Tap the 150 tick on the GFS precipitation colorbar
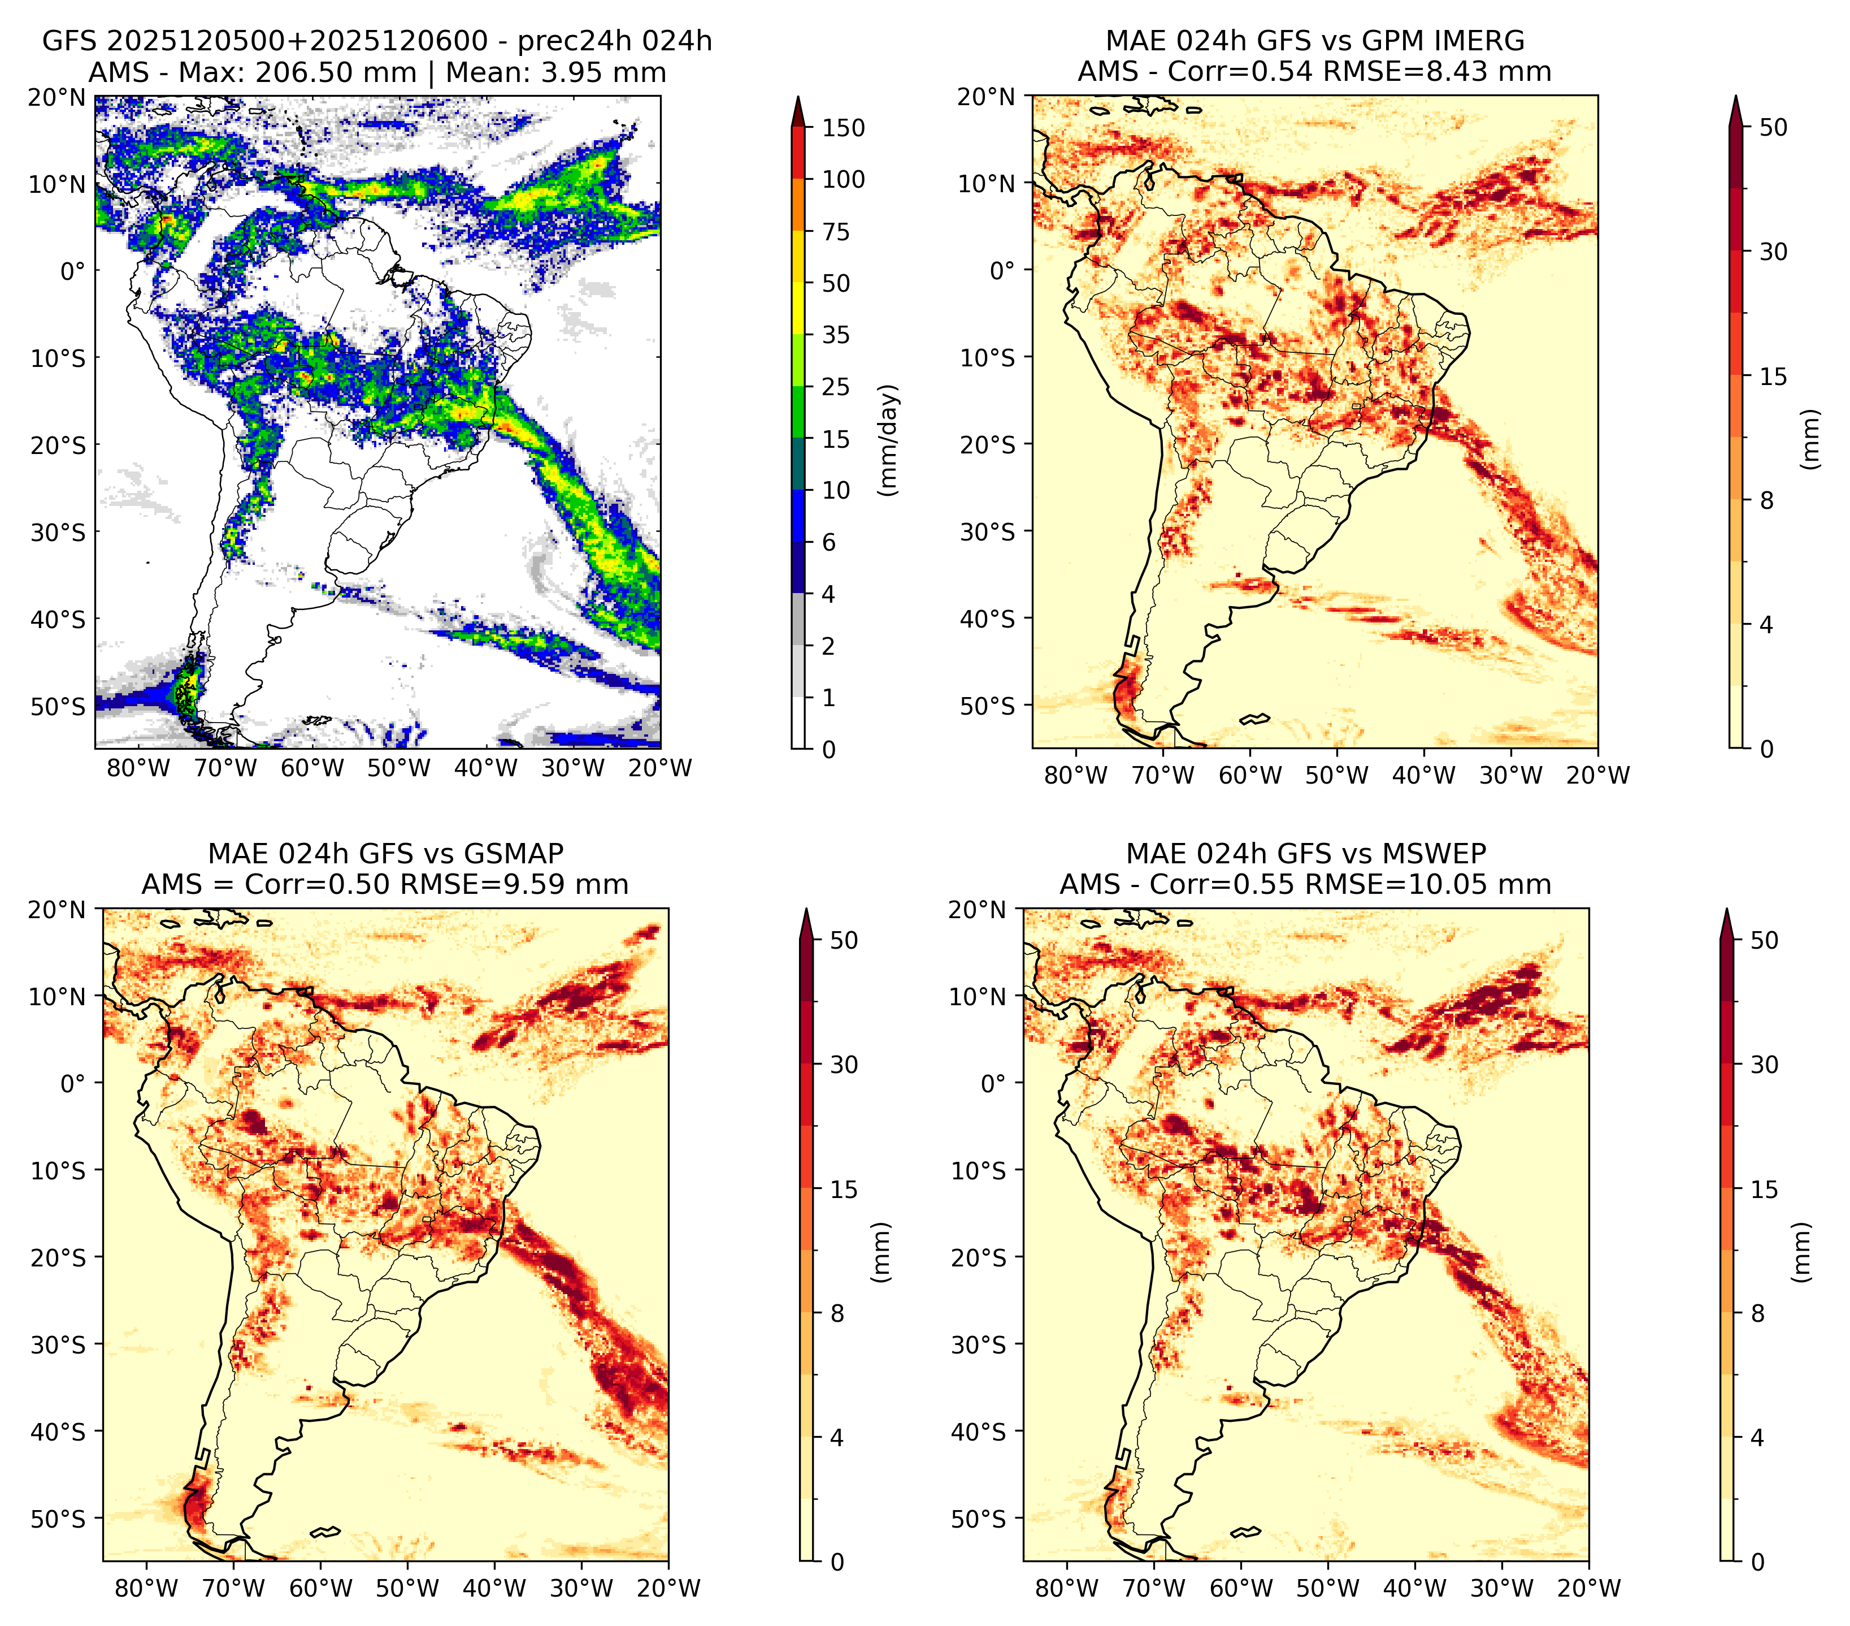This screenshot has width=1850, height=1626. point(844,128)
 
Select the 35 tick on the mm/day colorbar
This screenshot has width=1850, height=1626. point(836,335)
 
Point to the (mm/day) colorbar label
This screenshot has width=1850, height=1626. point(890,440)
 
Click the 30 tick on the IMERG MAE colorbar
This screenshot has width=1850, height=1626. point(1774,252)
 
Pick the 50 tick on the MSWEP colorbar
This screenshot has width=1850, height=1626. point(1765,940)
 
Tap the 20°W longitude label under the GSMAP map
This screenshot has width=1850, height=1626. point(669,1588)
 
